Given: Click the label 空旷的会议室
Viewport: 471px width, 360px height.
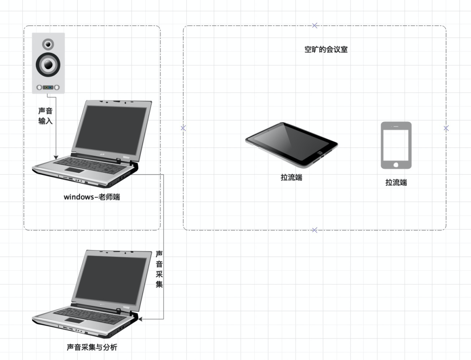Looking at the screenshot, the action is (326, 50).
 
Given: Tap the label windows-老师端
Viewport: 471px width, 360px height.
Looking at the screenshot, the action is (92, 197).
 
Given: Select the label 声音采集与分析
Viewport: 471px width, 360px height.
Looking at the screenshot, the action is (92, 347).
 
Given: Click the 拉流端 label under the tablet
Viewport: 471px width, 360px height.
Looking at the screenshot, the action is (291, 178).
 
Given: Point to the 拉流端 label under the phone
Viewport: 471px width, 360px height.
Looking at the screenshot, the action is (396, 182).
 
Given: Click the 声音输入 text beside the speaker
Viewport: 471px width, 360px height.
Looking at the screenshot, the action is (45, 116).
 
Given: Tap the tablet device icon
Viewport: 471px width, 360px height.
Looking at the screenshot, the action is (291, 144).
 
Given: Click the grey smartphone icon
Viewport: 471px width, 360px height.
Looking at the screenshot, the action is (396, 145).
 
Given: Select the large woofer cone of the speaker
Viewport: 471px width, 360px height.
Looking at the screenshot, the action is (48, 65).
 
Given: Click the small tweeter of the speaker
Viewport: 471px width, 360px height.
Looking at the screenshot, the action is (48, 44).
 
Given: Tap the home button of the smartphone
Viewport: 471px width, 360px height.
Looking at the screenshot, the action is (396, 165).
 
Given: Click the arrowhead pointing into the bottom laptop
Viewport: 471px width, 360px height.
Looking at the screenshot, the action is (140, 319).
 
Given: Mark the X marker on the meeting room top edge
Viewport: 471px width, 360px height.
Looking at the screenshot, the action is (314, 25).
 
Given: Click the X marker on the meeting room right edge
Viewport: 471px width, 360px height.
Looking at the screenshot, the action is (446, 128).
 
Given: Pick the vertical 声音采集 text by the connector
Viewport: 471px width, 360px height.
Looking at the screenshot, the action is (159, 269).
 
